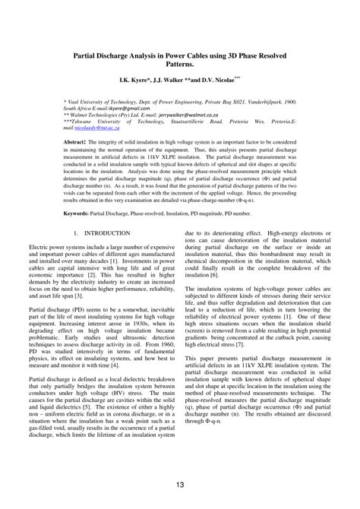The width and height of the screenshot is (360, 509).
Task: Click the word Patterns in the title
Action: click(179, 66)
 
